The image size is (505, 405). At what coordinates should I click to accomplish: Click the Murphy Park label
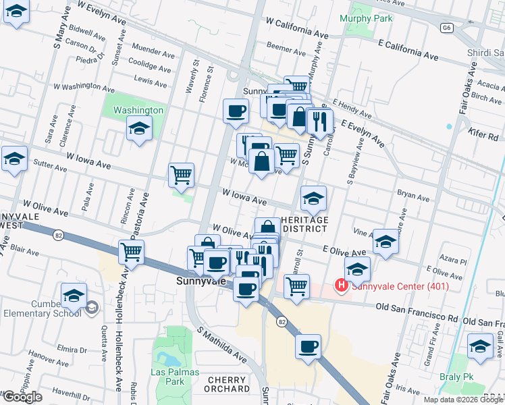click(x=367, y=18)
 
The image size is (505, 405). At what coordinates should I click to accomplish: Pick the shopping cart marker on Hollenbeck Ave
click(x=132, y=252)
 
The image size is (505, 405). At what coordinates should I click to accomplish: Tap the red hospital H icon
click(x=342, y=286)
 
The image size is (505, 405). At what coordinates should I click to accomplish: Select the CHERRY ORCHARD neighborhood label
click(x=228, y=384)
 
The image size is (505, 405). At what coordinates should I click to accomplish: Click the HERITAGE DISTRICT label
click(x=304, y=224)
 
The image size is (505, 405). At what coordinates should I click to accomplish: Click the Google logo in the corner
click(x=22, y=397)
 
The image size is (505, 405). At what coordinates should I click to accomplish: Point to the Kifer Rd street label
click(x=485, y=136)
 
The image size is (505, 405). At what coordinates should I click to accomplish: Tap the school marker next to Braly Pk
click(x=480, y=348)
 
